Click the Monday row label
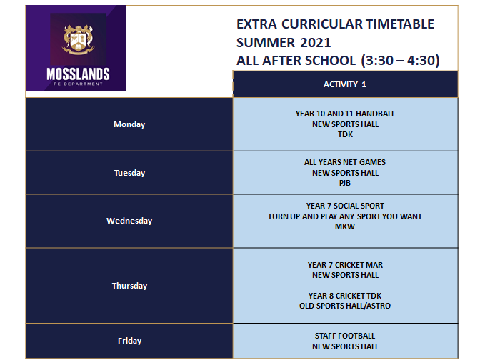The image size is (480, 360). click(x=129, y=124)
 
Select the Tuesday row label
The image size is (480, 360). click(x=129, y=173)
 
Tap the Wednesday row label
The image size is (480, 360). click(x=129, y=221)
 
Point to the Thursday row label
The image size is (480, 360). click(x=129, y=286)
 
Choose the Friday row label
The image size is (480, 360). click(x=129, y=341)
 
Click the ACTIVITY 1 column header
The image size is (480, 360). click(x=345, y=84)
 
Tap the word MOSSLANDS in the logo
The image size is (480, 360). click(x=78, y=74)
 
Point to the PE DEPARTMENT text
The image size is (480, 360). click(x=78, y=84)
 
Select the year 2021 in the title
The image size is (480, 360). click(x=315, y=43)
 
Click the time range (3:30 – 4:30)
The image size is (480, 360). click(x=400, y=60)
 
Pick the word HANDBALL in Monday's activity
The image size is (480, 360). click(x=375, y=114)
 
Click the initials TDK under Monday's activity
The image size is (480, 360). click(x=345, y=134)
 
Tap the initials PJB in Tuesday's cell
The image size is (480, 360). click(x=345, y=183)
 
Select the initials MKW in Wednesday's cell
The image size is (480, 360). click(x=345, y=226)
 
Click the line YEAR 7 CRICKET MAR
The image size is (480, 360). click(x=345, y=265)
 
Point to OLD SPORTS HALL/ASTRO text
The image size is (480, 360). click(x=345, y=306)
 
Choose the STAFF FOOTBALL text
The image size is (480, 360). click(x=345, y=336)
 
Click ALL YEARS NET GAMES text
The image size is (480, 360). click(x=345, y=162)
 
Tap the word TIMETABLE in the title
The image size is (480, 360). click(x=400, y=24)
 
